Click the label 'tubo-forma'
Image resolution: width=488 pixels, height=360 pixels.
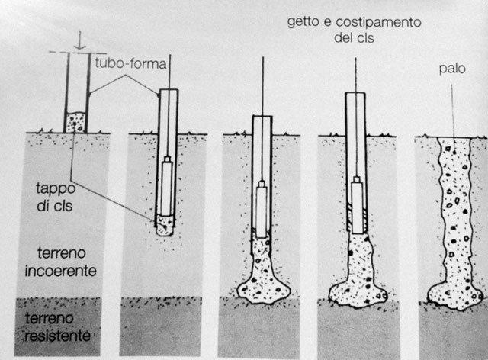point(130,64)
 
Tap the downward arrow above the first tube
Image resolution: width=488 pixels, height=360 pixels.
point(80,40)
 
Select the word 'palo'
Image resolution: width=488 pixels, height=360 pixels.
point(452,69)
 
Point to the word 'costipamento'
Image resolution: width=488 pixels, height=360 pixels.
point(378,22)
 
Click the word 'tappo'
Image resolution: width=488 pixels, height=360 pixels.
point(56,188)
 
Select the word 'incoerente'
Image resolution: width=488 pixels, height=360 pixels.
point(61,271)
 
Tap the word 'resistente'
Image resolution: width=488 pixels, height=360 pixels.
point(58,336)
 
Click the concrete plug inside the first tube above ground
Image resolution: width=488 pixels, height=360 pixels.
point(75,123)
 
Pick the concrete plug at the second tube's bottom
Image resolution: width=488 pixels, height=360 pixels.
point(165,225)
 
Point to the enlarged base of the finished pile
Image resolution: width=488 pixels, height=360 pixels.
point(454,296)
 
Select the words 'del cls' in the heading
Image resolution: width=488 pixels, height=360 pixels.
point(354,38)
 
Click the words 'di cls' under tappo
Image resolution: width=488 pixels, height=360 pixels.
point(55,206)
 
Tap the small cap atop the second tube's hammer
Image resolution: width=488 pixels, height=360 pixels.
point(168,159)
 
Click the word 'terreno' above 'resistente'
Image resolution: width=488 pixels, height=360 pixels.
point(49,318)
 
